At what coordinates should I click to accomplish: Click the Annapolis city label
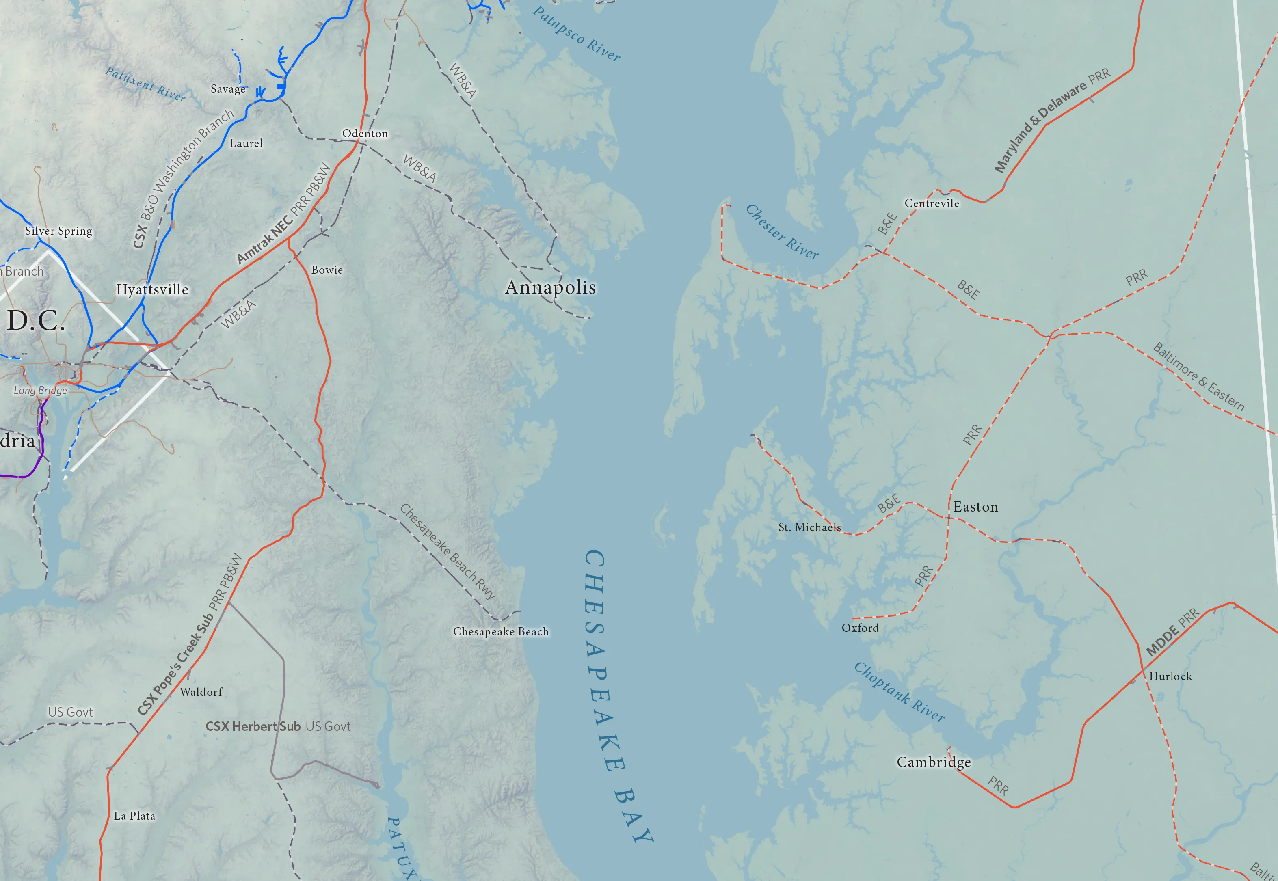[550, 287]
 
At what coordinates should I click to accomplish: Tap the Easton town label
[975, 507]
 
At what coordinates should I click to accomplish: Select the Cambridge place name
[934, 762]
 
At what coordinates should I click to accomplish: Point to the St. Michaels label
[809, 527]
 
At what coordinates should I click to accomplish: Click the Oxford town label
[860, 628]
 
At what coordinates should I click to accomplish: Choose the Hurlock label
[1170, 676]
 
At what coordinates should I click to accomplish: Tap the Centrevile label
[932, 203]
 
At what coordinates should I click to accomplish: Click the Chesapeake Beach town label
[501, 631]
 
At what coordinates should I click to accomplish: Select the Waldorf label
[201, 692]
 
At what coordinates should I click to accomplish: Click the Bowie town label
[327, 270]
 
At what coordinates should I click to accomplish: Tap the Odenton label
[365, 134]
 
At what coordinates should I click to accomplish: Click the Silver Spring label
[58, 231]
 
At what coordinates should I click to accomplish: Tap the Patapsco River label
[576, 34]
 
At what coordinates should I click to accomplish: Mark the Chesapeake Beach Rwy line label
[448, 551]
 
